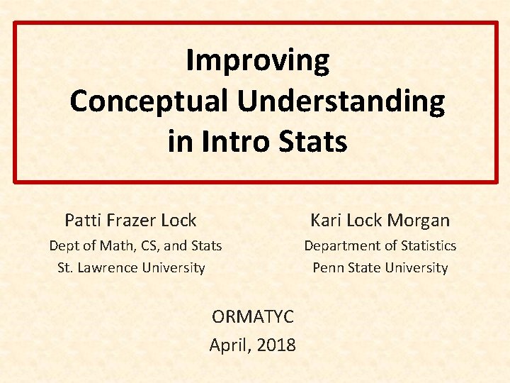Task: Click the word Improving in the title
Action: coord(257,62)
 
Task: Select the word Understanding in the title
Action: coord(341,101)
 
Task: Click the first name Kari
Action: coord(325,221)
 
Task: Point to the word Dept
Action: coord(63,246)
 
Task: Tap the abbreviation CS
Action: coord(146,246)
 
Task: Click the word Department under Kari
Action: coord(342,246)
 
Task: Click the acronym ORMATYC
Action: coord(253,316)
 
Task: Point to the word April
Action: coord(229,345)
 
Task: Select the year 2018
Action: coord(277,345)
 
